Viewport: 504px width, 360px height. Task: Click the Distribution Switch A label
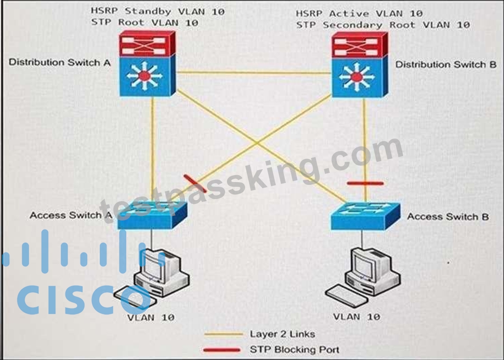click(x=59, y=63)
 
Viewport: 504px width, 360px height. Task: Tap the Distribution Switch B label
click(x=446, y=64)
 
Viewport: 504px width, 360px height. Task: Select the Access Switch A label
click(x=71, y=215)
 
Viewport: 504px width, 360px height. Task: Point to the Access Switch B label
click(x=448, y=217)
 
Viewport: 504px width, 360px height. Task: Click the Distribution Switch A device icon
click(x=147, y=63)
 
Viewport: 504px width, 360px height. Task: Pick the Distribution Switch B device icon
click(x=359, y=64)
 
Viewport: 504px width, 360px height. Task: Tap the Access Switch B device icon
click(x=365, y=216)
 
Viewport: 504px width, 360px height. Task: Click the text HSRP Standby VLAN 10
click(x=157, y=11)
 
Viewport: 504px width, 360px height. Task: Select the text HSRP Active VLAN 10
click(x=359, y=13)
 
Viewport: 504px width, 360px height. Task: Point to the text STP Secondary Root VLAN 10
click(x=383, y=25)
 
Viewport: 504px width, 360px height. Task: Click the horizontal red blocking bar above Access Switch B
click(x=365, y=183)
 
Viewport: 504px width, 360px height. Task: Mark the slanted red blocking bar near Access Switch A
click(x=195, y=183)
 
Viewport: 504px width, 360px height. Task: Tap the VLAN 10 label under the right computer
click(x=357, y=317)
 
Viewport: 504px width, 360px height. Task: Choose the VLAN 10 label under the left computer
click(x=151, y=317)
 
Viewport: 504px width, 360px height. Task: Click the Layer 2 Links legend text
click(x=282, y=334)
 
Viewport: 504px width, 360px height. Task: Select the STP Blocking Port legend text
click(x=295, y=349)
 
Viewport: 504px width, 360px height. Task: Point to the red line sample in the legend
click(x=222, y=350)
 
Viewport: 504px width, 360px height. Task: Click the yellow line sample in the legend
click(x=224, y=335)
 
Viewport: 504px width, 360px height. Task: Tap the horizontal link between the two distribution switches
click(x=253, y=73)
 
